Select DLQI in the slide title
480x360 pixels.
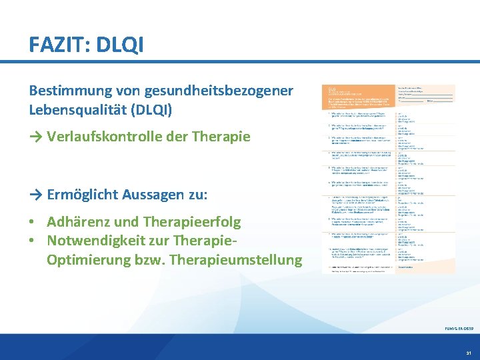[120, 45]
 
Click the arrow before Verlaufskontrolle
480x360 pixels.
[37, 137]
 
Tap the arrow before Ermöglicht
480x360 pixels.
[37, 195]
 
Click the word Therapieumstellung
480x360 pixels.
[236, 259]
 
